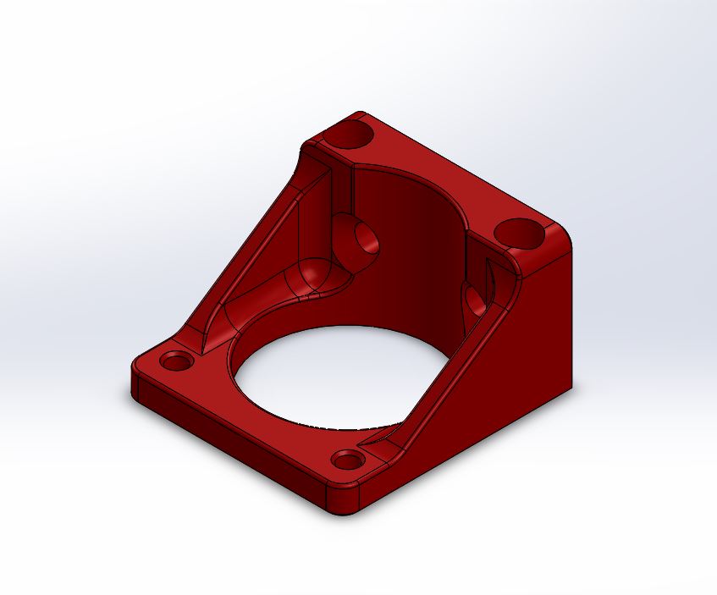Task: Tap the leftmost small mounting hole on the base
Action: coord(177,362)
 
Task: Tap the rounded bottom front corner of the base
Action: coord(347,504)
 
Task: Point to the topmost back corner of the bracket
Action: coord(359,113)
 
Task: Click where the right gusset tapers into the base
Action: coord(381,440)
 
